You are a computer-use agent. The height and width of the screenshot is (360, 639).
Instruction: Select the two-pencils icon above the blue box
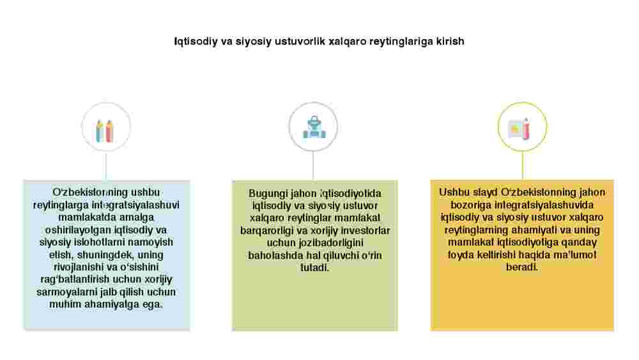[105, 130]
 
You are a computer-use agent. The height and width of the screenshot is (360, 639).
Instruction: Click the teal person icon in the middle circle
[314, 127]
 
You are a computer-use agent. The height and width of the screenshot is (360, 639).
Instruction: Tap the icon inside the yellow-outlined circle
[520, 129]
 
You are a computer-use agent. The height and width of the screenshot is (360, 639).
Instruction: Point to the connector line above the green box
[313, 166]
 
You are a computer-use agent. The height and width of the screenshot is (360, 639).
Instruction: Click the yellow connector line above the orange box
[523, 166]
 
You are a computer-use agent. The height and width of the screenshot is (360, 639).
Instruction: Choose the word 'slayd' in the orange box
[486, 192]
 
